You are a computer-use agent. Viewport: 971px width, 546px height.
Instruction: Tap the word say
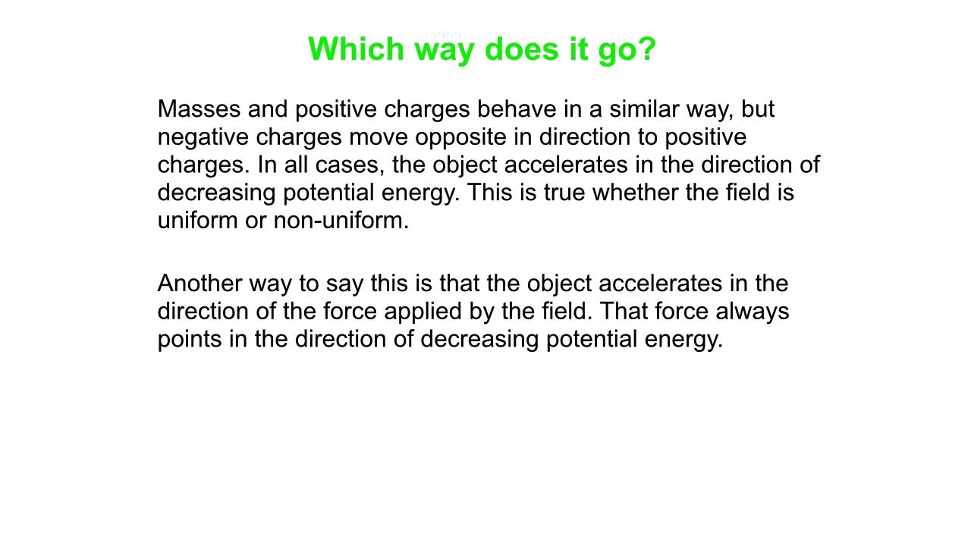coord(345,284)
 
